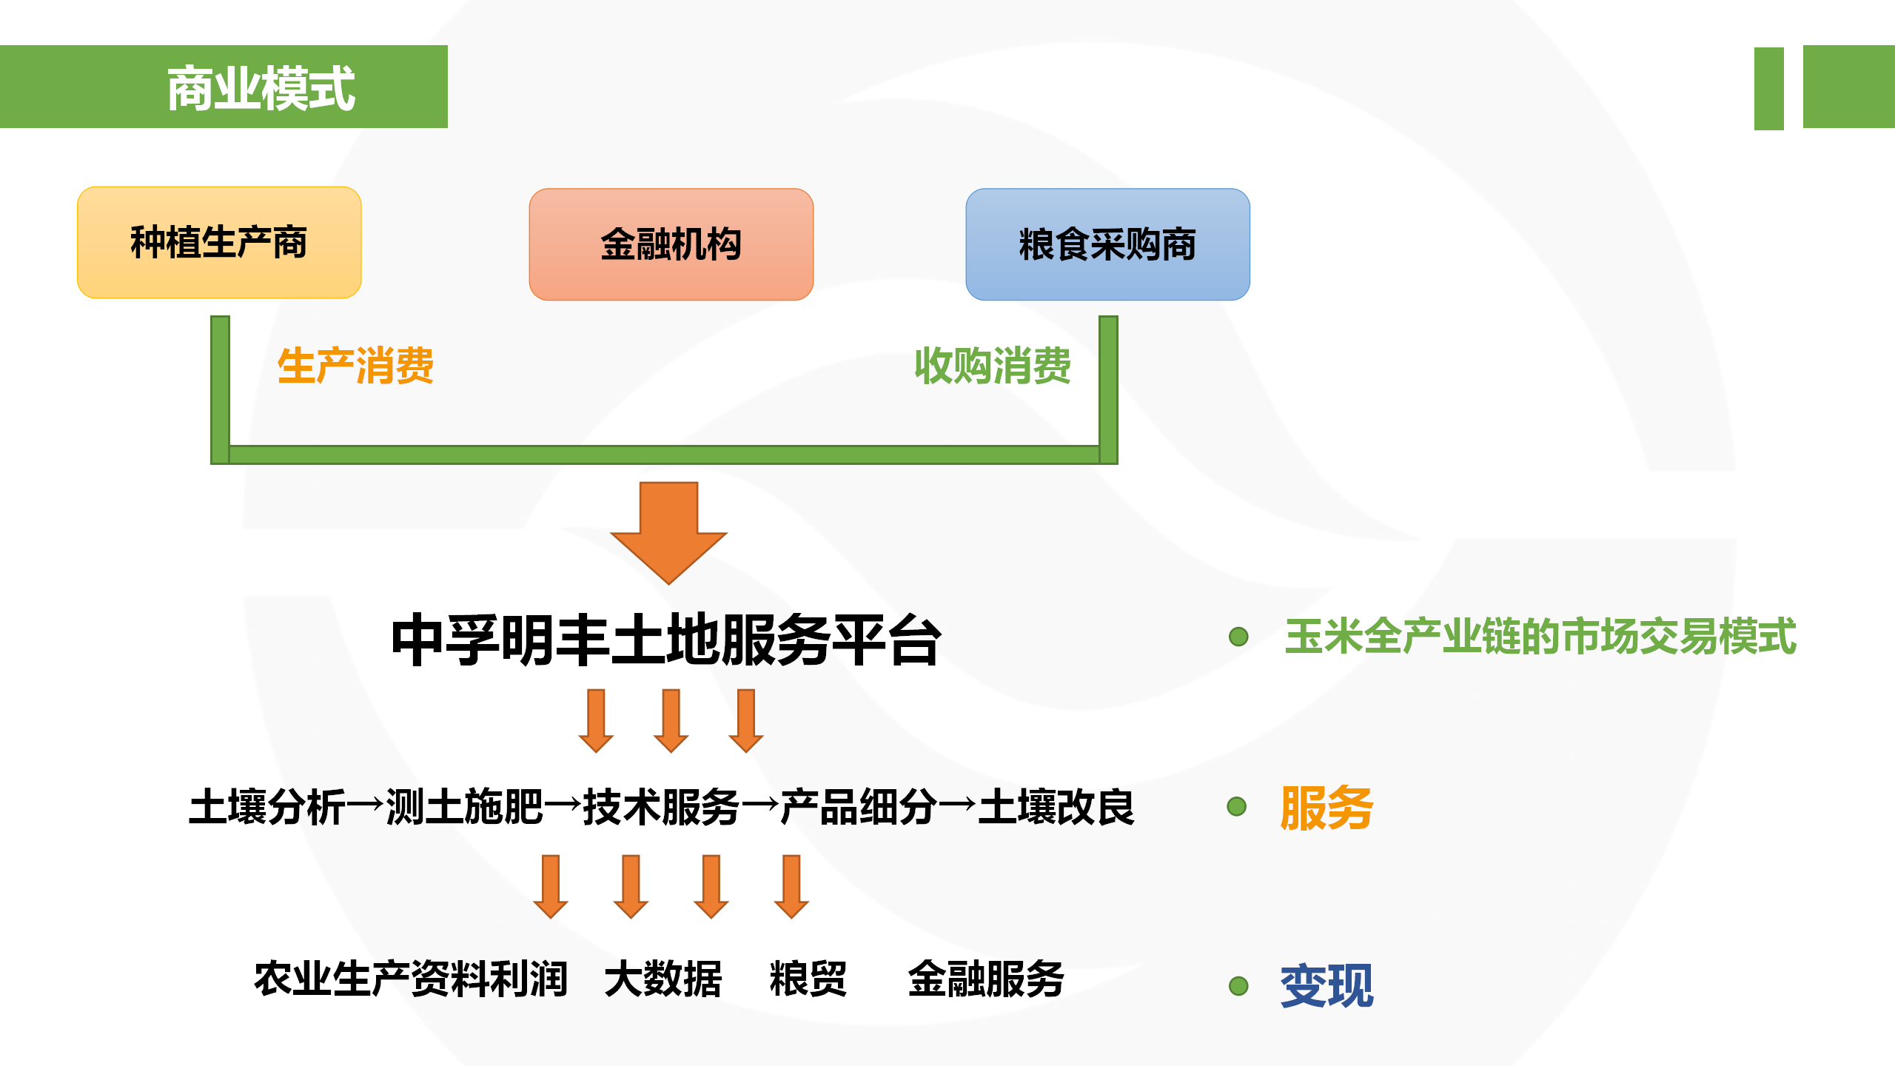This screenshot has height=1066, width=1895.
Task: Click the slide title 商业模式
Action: tap(261, 88)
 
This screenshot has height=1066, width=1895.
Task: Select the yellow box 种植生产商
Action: tap(219, 243)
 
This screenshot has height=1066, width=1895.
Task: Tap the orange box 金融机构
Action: tap(671, 244)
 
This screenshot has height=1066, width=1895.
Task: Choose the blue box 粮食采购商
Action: tap(1107, 244)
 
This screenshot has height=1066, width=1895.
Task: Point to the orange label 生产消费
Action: tap(355, 366)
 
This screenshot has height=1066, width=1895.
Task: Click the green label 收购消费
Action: tap(993, 366)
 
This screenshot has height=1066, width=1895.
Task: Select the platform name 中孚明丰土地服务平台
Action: tap(666, 640)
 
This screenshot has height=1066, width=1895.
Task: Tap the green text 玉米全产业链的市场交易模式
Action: tap(1540, 637)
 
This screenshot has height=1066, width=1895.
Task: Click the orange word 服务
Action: tap(1326, 808)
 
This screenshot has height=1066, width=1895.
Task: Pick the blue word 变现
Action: tap(1326, 986)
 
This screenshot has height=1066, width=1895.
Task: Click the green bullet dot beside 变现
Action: tap(1238, 986)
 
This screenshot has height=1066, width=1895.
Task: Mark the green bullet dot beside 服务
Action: tap(1237, 806)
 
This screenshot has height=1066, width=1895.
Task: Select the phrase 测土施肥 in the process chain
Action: tap(465, 807)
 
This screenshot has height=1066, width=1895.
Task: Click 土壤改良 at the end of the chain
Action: tap(1056, 807)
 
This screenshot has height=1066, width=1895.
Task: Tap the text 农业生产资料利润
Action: tap(411, 979)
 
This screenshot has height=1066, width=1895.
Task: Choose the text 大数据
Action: tap(663, 979)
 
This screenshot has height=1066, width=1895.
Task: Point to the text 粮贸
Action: tap(808, 979)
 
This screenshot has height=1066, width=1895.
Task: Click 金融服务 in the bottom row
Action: tap(986, 979)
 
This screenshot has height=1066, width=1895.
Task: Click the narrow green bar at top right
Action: tap(1768, 88)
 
